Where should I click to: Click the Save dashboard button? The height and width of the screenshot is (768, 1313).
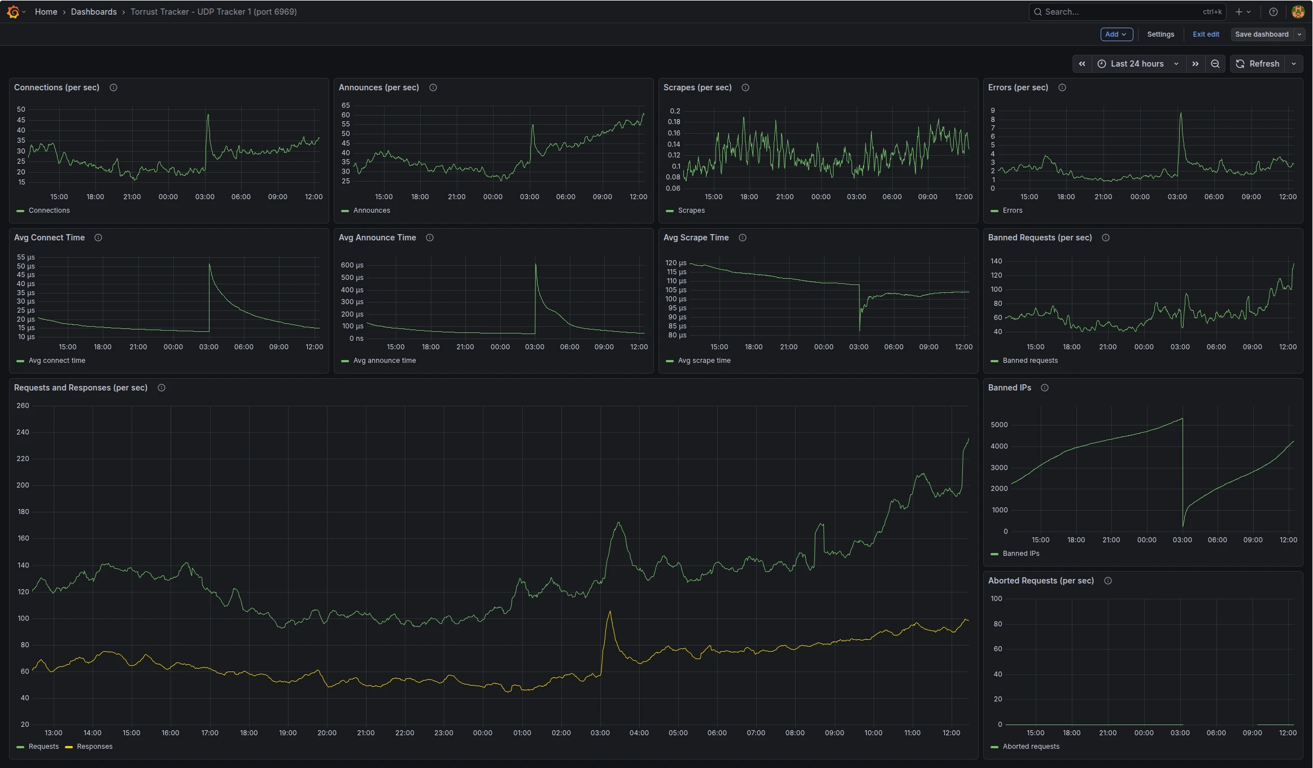click(x=1261, y=34)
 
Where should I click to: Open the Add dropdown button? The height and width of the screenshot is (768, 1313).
click(x=1116, y=34)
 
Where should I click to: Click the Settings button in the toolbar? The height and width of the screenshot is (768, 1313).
click(x=1160, y=34)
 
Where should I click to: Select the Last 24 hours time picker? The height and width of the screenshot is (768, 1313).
click(x=1137, y=64)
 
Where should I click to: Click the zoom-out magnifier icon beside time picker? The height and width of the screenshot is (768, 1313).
click(x=1215, y=64)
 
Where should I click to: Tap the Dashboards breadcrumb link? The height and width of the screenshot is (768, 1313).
click(x=94, y=12)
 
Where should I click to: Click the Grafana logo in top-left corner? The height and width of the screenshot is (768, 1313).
click(x=13, y=12)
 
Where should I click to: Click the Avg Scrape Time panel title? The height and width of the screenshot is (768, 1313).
click(x=696, y=238)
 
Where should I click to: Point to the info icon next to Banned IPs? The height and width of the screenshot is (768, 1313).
click(x=1044, y=388)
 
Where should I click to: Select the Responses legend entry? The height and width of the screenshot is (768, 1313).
click(x=94, y=747)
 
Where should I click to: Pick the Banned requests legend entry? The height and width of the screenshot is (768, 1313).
click(x=1030, y=361)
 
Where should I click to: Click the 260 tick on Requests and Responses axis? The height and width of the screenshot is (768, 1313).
click(x=23, y=406)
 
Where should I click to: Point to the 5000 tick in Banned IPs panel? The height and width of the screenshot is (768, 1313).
click(x=998, y=425)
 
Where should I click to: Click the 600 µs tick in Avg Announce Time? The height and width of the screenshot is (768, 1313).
click(x=352, y=265)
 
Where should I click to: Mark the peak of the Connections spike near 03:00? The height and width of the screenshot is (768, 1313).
click(x=208, y=115)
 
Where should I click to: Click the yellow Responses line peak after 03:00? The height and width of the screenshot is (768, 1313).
click(x=610, y=612)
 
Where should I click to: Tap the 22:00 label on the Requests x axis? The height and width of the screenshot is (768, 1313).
click(x=404, y=733)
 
